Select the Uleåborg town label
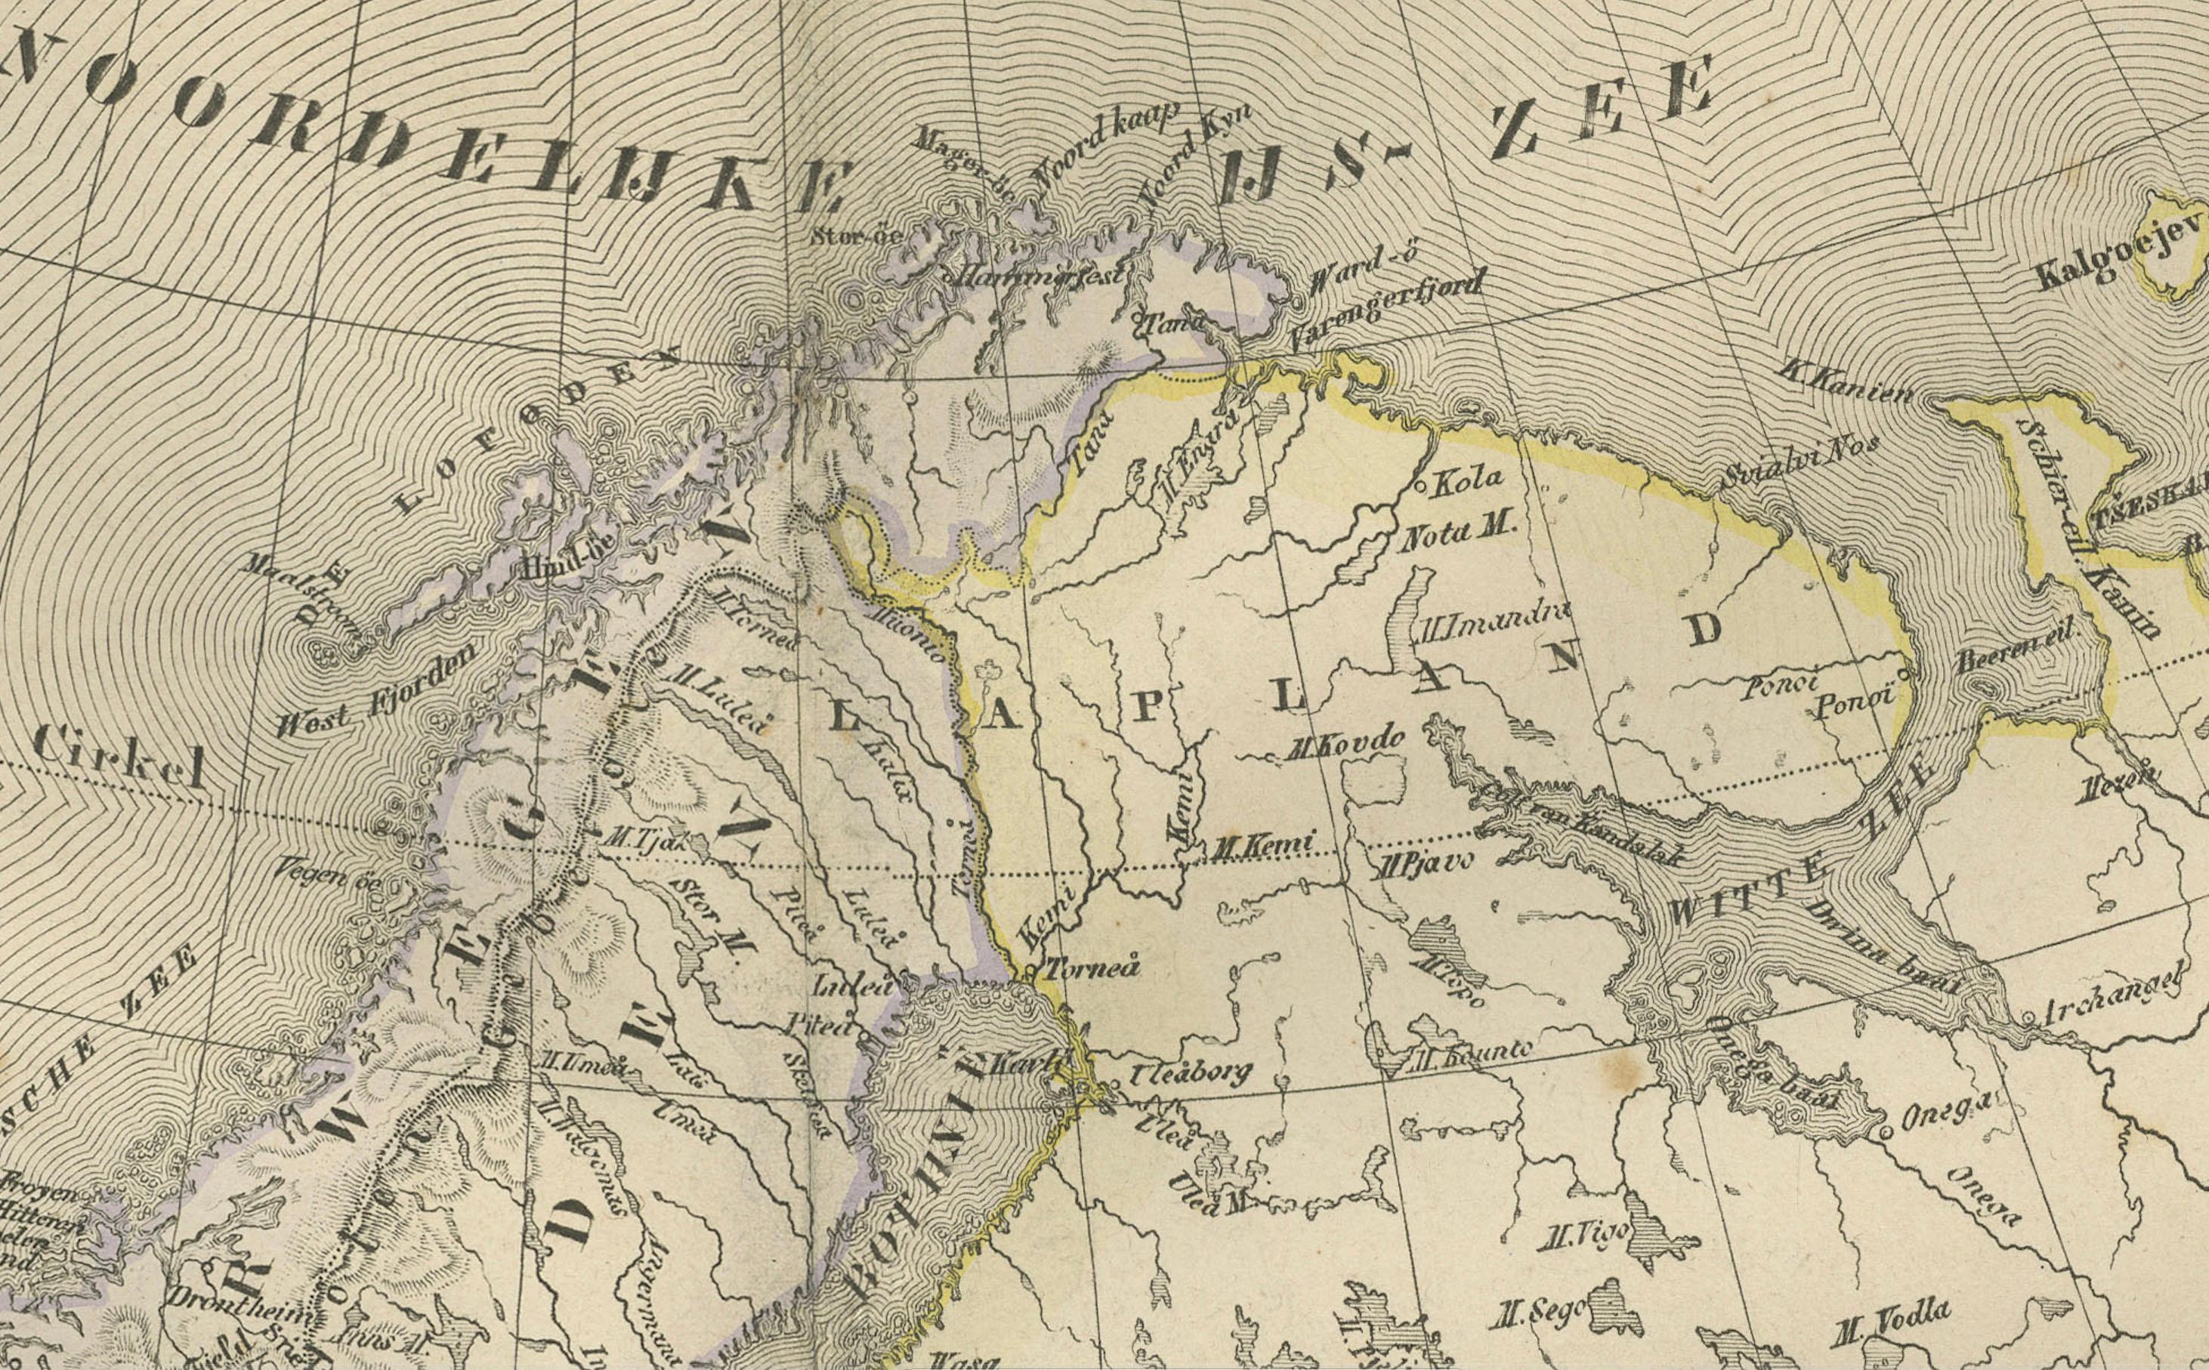[x=1189, y=1075]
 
